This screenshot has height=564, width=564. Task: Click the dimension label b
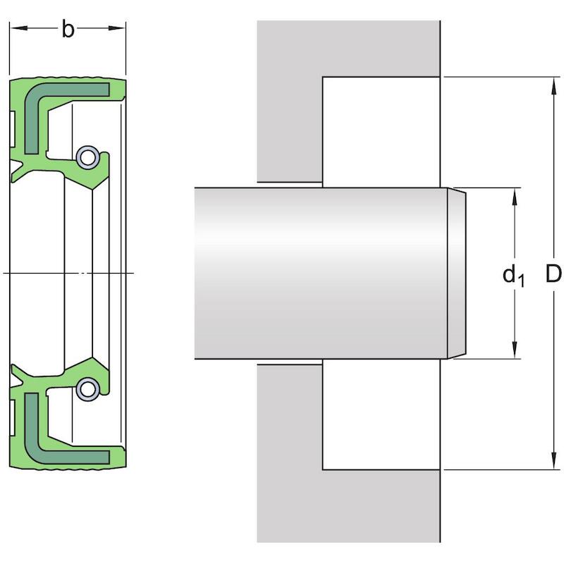click(68, 29)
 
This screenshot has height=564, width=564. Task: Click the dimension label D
click(553, 274)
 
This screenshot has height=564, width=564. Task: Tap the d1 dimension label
click(514, 275)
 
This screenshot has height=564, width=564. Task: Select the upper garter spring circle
click(87, 157)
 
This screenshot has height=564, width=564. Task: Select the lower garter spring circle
click(87, 389)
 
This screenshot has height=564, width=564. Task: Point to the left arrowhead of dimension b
click(18, 27)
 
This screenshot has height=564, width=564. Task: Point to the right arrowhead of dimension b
click(117, 27)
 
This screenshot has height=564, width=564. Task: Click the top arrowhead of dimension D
click(553, 85)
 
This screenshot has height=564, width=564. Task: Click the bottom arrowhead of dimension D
click(553, 461)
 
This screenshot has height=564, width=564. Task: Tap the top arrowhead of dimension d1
click(515, 197)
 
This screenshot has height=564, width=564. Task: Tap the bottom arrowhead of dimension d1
click(515, 350)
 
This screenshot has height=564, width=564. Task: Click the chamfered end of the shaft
click(456, 274)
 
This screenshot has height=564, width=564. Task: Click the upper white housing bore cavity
click(381, 132)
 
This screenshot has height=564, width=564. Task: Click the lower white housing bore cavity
click(381, 415)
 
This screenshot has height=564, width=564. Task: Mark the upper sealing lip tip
click(92, 190)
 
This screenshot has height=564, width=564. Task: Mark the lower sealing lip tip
click(92, 357)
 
